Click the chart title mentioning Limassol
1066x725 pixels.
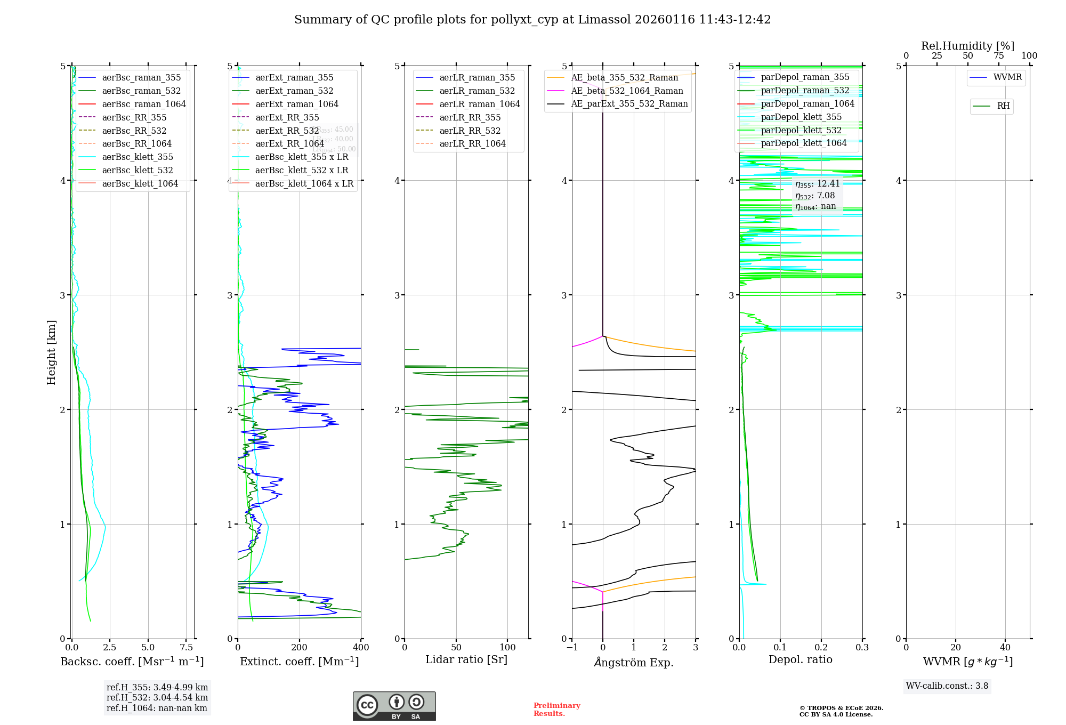pyautogui.click(x=532, y=20)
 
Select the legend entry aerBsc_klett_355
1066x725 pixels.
pyautogui.click(x=138, y=157)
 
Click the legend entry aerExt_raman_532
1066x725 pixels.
pyautogui.click(x=294, y=91)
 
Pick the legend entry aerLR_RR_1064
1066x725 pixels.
pyautogui.click(x=472, y=143)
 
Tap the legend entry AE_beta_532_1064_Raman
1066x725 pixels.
pyautogui.click(x=627, y=91)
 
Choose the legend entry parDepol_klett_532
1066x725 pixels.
pyautogui.click(x=801, y=130)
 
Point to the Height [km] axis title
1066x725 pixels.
pyautogui.click(x=51, y=352)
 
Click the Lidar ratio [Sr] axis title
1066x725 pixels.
pyautogui.click(x=466, y=659)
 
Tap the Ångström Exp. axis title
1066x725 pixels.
pyautogui.click(x=634, y=662)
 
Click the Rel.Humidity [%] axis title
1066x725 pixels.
pyautogui.click(x=967, y=46)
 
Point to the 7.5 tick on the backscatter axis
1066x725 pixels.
pyautogui.click(x=186, y=647)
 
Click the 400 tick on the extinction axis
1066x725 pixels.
pyautogui.click(x=361, y=647)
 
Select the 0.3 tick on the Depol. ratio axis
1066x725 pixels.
pyautogui.click(x=862, y=647)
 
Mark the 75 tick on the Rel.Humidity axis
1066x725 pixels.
pyautogui.click(x=998, y=56)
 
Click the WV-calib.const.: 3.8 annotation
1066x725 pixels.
pyautogui.click(x=947, y=686)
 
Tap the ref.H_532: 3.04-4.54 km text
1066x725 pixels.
pyautogui.click(x=157, y=697)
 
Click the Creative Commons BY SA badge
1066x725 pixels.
pyautogui.click(x=394, y=706)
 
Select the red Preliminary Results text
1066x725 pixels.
pyautogui.click(x=556, y=710)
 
